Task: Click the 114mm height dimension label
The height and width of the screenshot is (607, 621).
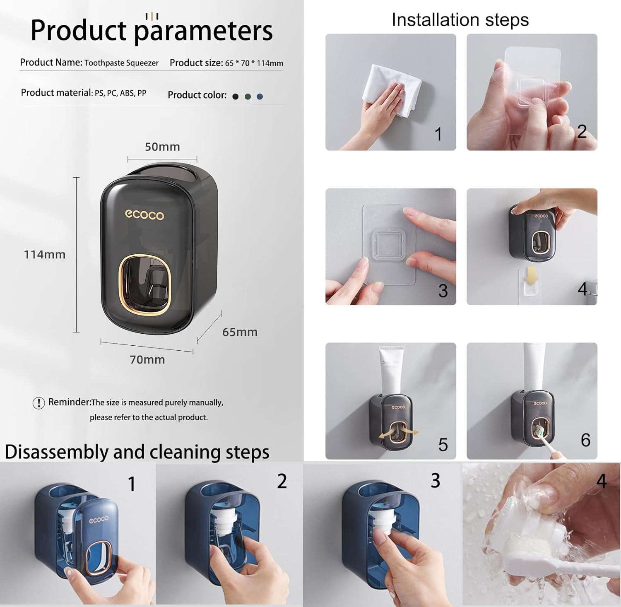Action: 45,254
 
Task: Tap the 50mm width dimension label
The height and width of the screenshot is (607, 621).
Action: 162,147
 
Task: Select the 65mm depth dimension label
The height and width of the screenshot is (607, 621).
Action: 240,332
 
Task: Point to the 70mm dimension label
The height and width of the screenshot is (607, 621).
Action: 147,359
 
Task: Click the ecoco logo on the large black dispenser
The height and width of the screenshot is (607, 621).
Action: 144,214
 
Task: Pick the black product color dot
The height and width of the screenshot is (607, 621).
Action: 236,96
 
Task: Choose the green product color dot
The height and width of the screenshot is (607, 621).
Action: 248,96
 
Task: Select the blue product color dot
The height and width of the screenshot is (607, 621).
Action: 260,96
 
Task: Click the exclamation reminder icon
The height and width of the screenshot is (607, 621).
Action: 39,403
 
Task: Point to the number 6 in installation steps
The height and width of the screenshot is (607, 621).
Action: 585,440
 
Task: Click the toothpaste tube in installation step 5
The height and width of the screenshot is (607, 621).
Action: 391,370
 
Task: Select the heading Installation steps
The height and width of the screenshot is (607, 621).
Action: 460,19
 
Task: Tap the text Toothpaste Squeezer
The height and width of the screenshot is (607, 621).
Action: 121,63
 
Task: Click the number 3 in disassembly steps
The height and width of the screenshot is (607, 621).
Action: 435,480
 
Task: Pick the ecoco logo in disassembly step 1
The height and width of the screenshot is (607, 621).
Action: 99,519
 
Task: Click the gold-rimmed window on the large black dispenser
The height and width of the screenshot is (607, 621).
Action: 144,284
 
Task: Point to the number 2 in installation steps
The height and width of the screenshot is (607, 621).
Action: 582,131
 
